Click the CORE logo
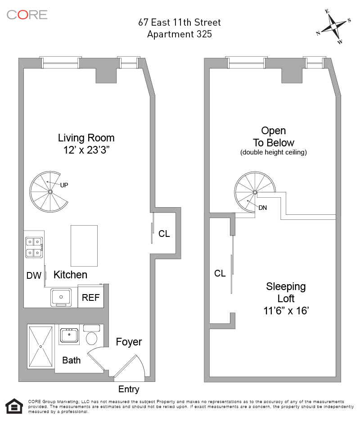click(x=27, y=14)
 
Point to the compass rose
click(x=333, y=27)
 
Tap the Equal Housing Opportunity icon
click(x=13, y=405)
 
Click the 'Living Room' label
click(x=86, y=138)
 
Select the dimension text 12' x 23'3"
click(x=86, y=150)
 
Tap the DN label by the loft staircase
click(x=263, y=208)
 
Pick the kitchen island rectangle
click(x=84, y=246)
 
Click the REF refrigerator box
click(x=91, y=297)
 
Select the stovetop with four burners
click(x=34, y=247)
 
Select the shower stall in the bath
click(x=41, y=346)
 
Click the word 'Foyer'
click(x=129, y=342)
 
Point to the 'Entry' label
click(x=129, y=389)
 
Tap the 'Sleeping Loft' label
click(x=286, y=292)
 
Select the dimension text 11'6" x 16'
click(x=286, y=310)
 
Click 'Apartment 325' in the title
click(x=180, y=34)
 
